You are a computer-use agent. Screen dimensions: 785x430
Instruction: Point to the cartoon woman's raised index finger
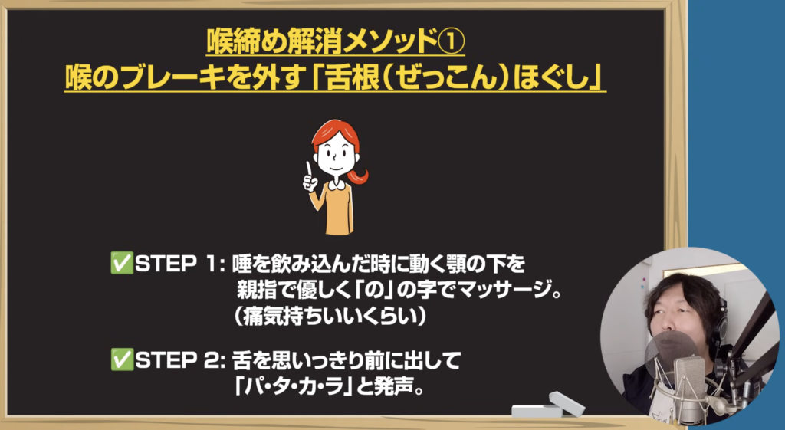click(309, 169)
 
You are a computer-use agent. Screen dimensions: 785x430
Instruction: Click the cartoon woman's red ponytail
click(360, 176)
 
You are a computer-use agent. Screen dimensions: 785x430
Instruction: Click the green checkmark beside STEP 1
click(122, 264)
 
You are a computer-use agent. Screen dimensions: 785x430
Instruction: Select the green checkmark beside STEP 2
click(122, 360)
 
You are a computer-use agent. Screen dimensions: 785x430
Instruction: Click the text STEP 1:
click(181, 264)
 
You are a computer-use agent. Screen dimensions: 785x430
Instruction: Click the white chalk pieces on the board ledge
click(549, 406)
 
